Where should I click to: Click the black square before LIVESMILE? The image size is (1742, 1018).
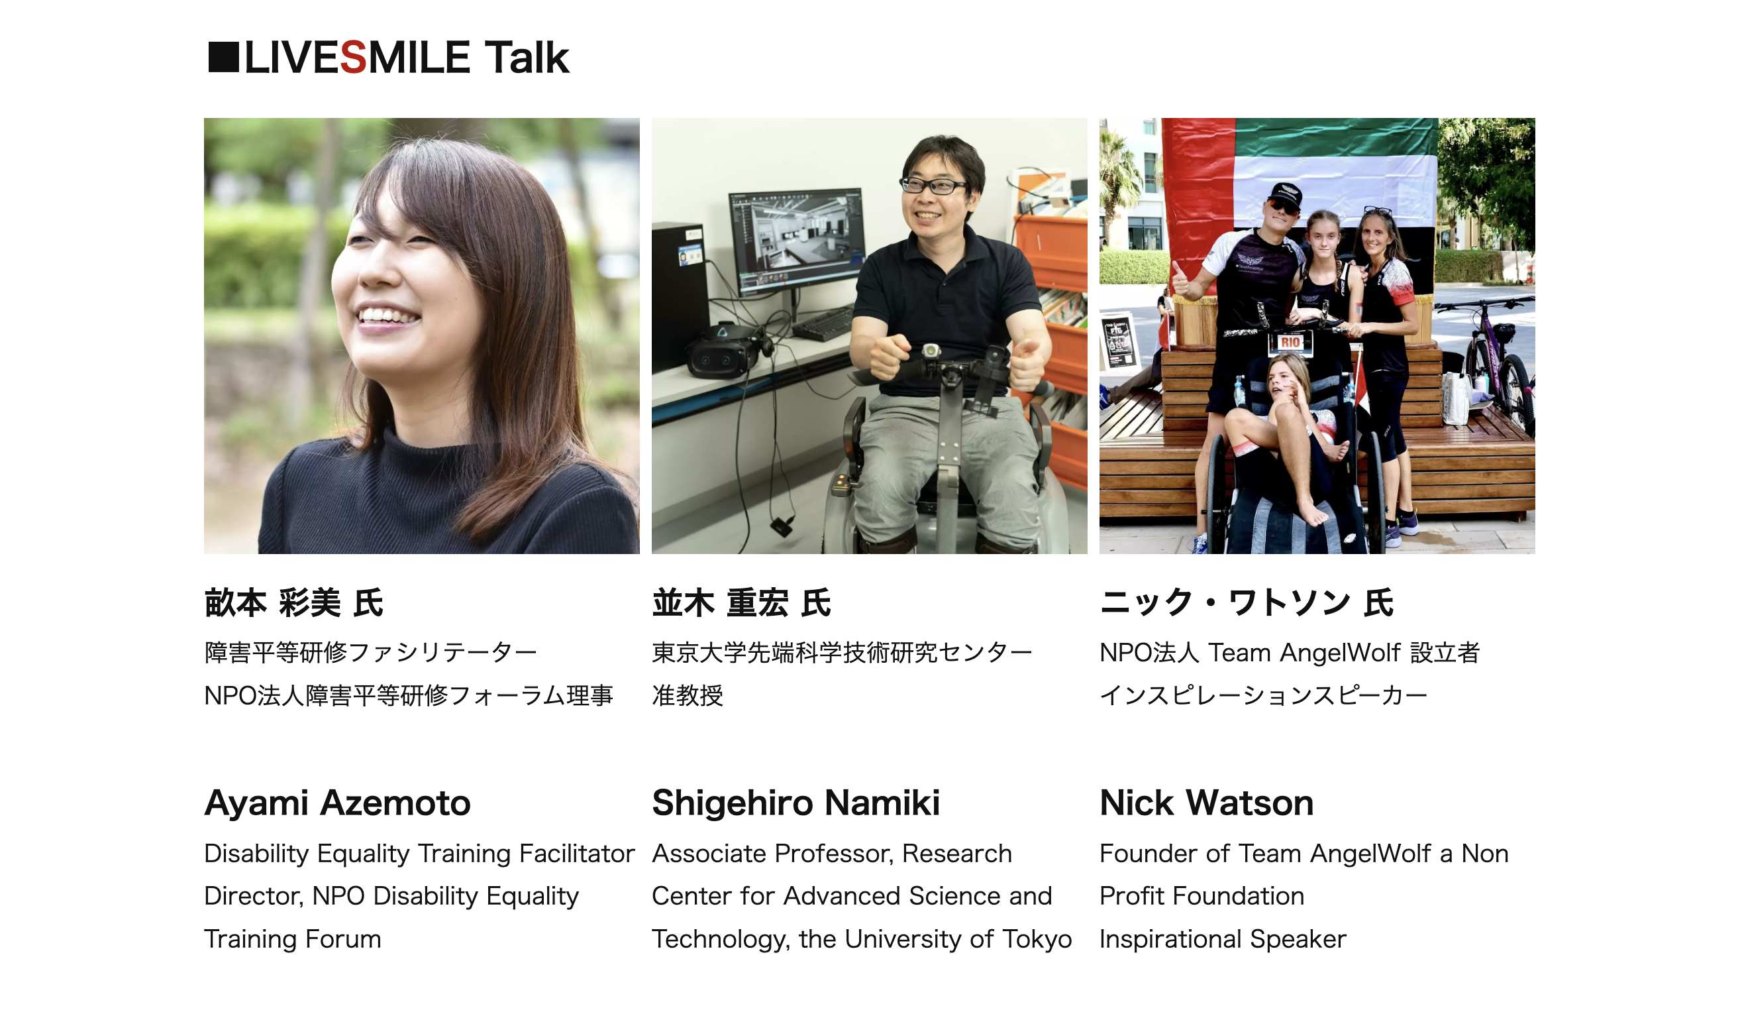coord(223,57)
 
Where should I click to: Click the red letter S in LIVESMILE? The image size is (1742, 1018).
coord(353,58)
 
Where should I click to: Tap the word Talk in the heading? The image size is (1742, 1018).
coord(527,57)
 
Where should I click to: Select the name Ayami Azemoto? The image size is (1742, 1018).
coord(337,803)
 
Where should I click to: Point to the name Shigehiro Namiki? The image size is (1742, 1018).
coord(795,803)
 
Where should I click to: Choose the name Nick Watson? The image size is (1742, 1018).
coord(1206,803)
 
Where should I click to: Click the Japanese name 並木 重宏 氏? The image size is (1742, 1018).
coord(741,602)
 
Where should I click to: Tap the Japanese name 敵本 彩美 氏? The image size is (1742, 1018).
coord(294,602)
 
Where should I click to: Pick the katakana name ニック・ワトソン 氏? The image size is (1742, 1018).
coord(1247,602)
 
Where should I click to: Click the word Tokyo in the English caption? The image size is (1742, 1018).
coord(1037,940)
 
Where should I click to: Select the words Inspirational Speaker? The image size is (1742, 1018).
coord(1223,939)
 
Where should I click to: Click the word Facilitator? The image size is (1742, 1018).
coord(576,854)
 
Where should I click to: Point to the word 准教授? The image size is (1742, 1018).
coord(687,695)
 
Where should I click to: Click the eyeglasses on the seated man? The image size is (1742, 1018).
coord(934,185)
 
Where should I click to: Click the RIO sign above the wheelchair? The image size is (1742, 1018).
coord(1290,341)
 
